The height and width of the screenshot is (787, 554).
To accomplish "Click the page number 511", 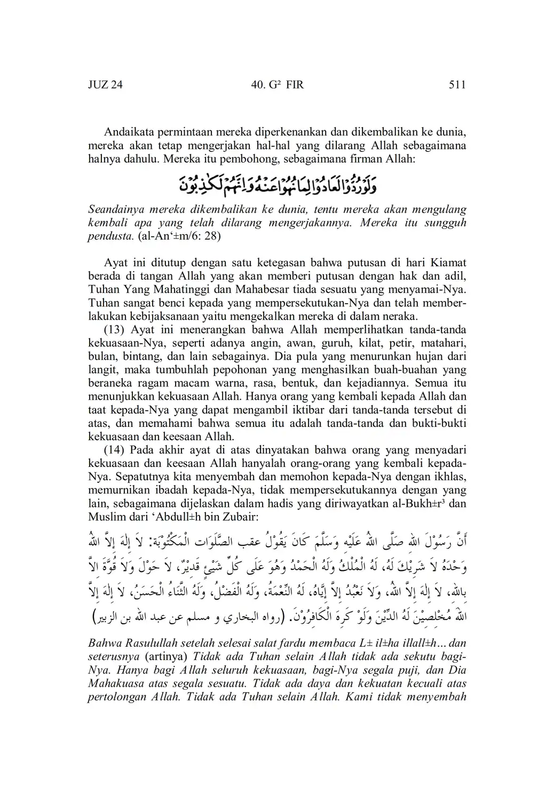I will (x=457, y=85).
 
